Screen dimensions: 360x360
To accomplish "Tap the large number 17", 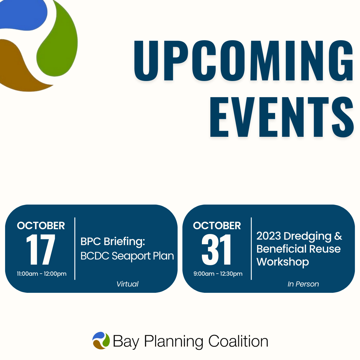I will [41, 250].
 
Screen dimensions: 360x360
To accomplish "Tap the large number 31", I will [217, 250].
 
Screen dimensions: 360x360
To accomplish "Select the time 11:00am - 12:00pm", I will [42, 274].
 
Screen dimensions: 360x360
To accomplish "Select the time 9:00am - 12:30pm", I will [218, 274].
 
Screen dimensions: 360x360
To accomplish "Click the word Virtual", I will [127, 284].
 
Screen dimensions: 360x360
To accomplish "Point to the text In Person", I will [303, 284].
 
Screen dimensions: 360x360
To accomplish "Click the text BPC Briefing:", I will [113, 241].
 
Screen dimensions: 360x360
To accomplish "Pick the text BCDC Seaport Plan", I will [127, 256].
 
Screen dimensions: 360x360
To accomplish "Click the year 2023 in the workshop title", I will [268, 236].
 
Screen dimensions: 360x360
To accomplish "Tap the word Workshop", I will [283, 262].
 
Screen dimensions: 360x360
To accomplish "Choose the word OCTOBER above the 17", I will [41, 226].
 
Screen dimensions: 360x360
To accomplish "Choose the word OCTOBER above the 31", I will [217, 226].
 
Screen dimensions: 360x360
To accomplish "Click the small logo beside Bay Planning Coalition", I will [101, 341].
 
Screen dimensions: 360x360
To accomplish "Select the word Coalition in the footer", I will [238, 341].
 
